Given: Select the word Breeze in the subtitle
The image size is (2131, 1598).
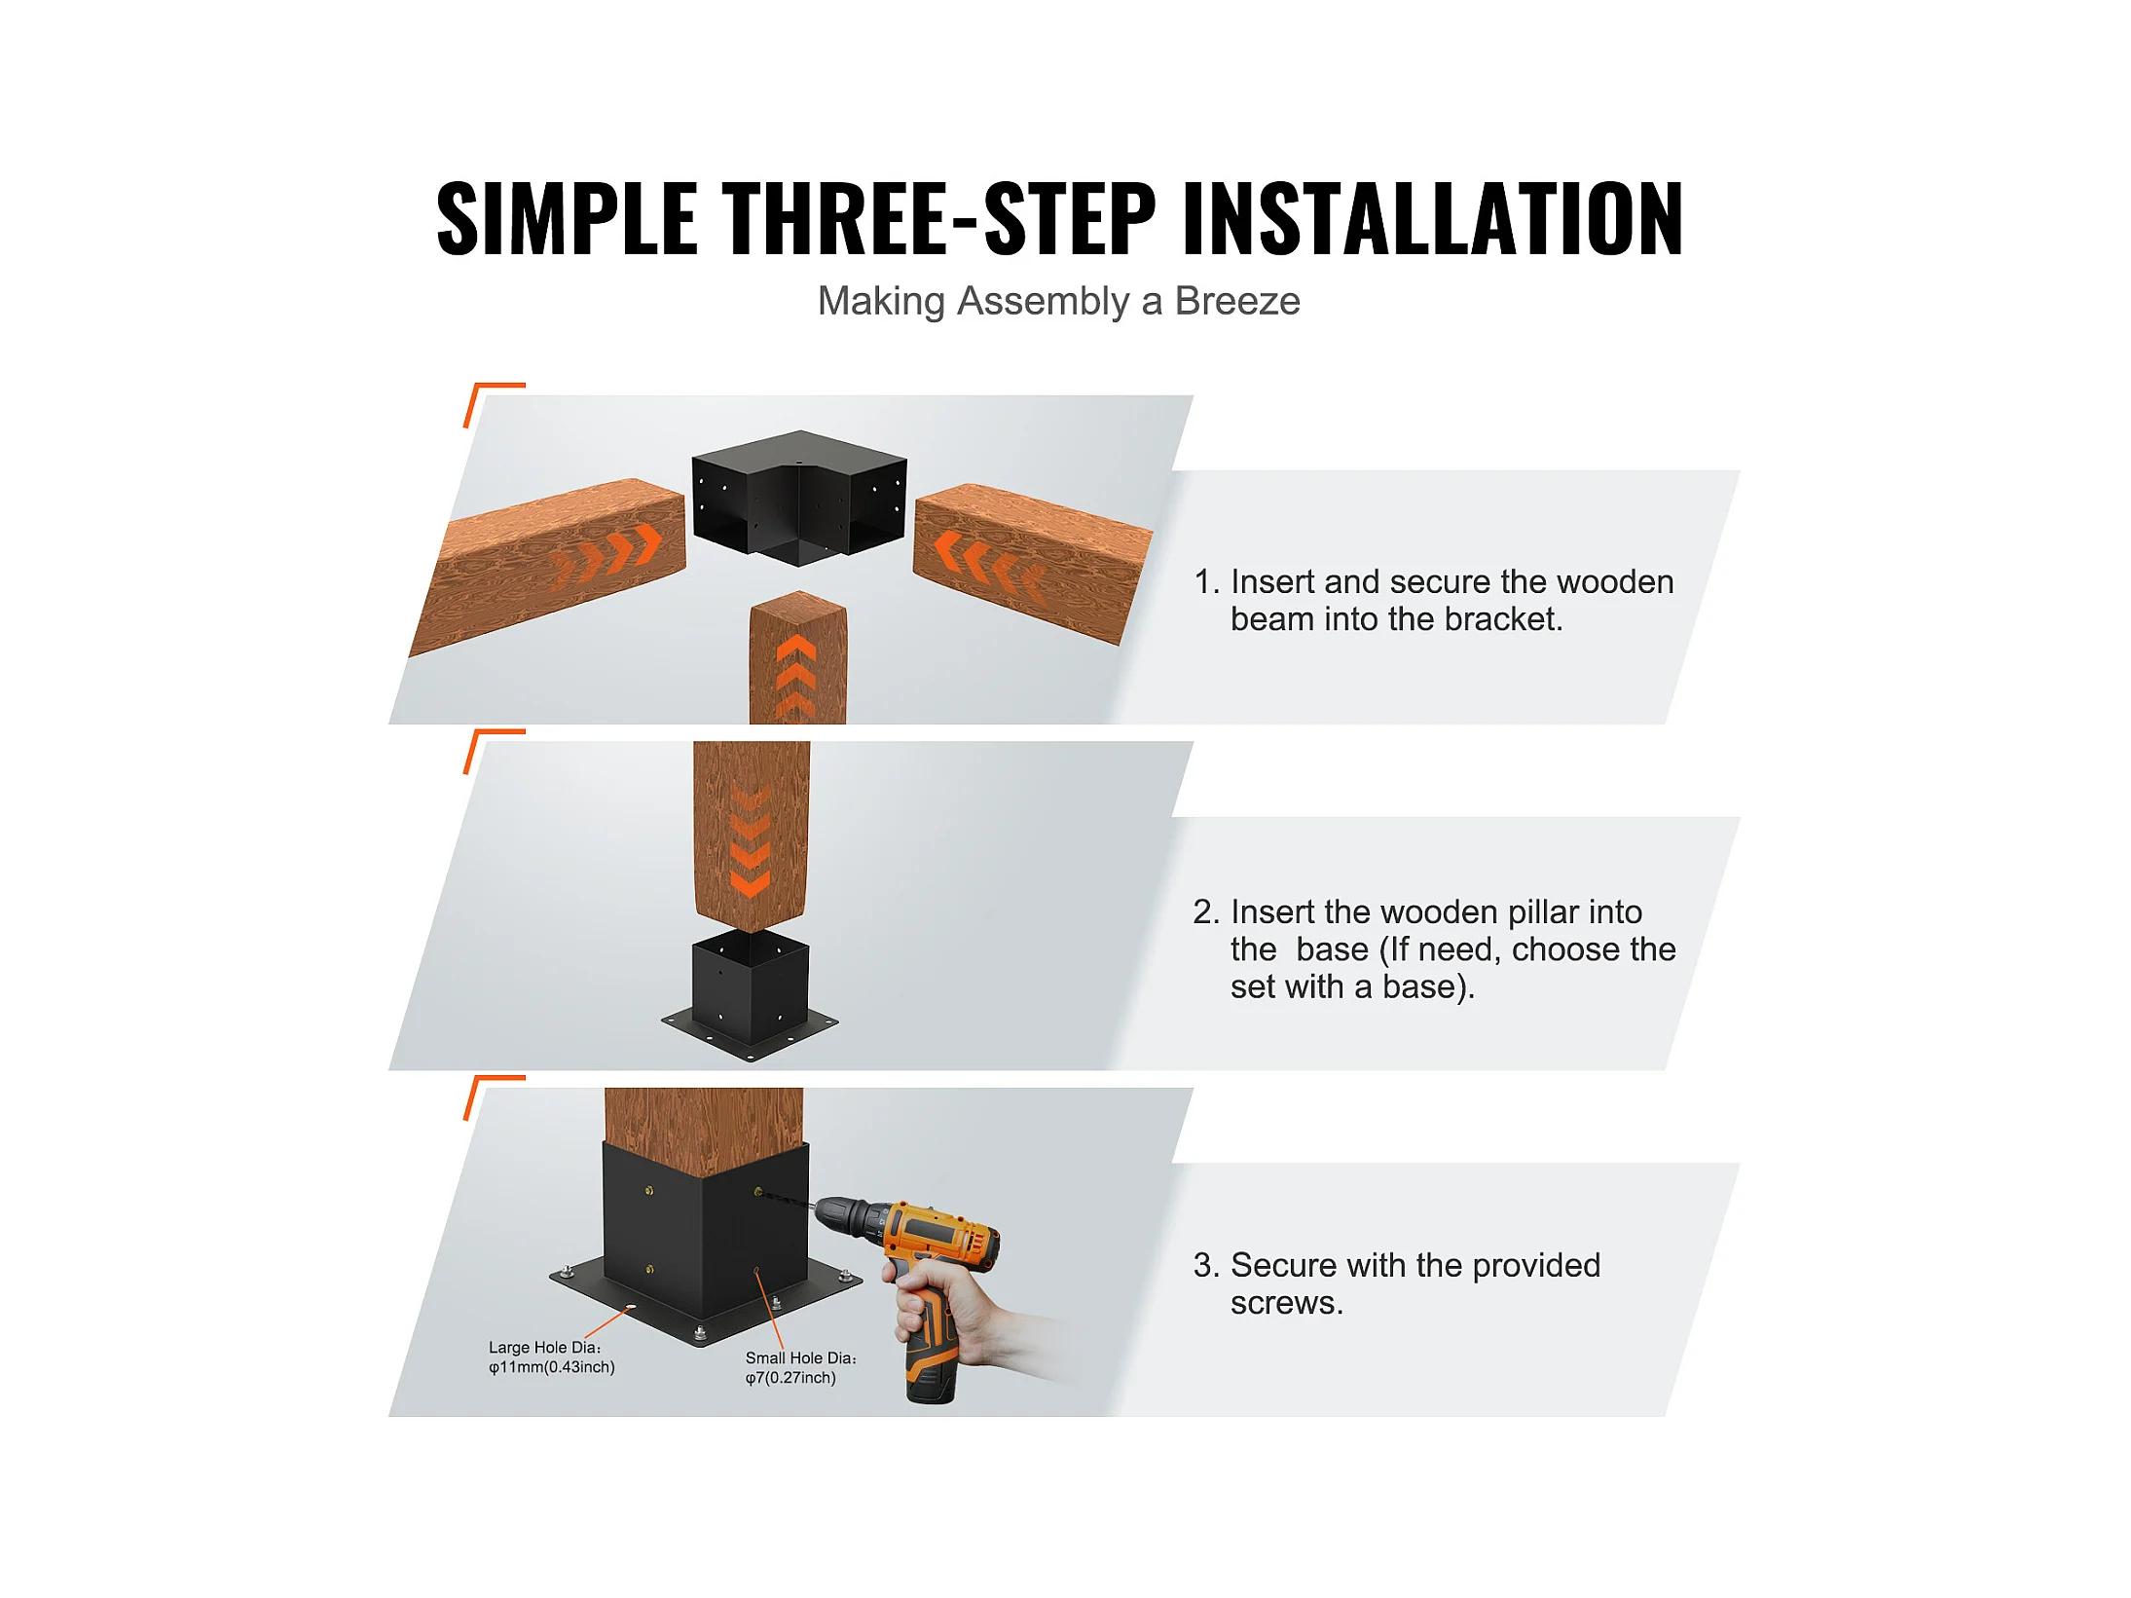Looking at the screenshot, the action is click(x=1237, y=301).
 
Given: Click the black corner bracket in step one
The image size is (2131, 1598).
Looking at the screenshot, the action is click(x=799, y=497).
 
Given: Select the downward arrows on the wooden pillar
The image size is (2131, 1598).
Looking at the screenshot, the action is click(x=751, y=842).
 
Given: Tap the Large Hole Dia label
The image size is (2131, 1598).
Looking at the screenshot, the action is click(x=551, y=1357).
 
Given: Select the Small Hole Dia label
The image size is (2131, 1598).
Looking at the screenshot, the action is click(x=800, y=1368).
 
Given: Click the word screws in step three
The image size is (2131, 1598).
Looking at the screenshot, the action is click(x=1286, y=1303).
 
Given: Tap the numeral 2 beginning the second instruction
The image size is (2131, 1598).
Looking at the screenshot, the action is click(x=1203, y=911).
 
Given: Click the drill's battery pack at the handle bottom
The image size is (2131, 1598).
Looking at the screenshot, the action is click(x=930, y=1375).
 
